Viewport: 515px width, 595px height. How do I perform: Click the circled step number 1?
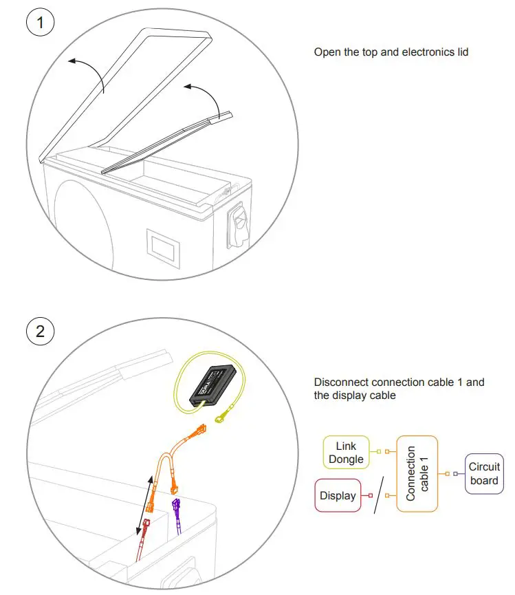pos(40,23)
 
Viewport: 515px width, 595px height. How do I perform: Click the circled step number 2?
pos(40,332)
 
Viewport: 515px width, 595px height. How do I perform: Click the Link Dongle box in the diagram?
pos(347,452)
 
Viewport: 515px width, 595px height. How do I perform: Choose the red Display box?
pos(338,495)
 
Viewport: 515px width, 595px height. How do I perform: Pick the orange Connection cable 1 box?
pos(417,473)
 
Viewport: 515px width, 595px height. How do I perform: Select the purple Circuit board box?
pos(484,473)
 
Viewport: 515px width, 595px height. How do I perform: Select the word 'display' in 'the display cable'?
pos(347,396)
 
